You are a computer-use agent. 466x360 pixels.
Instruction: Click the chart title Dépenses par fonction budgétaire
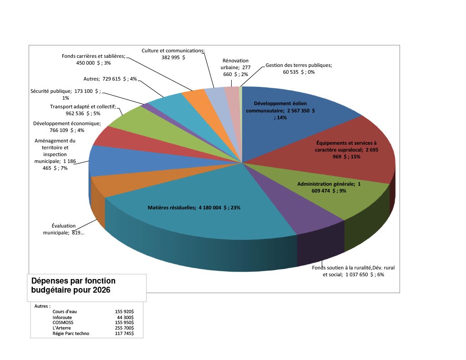(73, 285)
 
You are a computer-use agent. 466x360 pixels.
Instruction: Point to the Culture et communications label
(173, 54)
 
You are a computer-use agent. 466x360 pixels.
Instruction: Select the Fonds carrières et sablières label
(94, 59)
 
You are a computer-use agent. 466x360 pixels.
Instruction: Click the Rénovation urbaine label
(235, 67)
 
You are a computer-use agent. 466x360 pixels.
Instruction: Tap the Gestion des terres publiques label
(299, 68)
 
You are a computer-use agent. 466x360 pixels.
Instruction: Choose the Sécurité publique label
(65, 94)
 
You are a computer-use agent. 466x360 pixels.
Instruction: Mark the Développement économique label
(67, 127)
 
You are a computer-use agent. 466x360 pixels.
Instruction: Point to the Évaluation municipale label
(63, 229)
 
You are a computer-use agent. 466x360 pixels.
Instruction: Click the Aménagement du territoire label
(55, 154)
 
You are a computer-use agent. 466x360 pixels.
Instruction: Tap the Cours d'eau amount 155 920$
(124, 312)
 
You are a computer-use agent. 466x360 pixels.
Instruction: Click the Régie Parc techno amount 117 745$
(124, 333)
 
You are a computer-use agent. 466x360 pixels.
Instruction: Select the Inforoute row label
(62, 317)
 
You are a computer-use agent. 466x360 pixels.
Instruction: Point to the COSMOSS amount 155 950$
(124, 322)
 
